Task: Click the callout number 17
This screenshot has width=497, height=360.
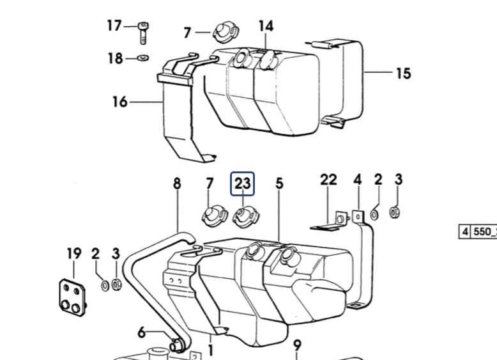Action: click(x=114, y=26)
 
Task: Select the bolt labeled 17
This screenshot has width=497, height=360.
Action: click(x=144, y=33)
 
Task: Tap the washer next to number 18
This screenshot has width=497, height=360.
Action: click(x=143, y=58)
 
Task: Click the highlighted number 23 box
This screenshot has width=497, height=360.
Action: click(x=243, y=184)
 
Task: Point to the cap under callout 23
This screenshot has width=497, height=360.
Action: click(x=246, y=217)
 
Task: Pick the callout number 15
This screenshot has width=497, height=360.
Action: click(x=404, y=74)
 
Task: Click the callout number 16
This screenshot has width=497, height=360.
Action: click(x=120, y=102)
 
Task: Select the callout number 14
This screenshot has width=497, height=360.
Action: click(x=266, y=26)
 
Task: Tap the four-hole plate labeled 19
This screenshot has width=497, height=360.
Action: click(x=73, y=297)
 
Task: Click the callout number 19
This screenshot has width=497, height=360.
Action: click(x=74, y=253)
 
